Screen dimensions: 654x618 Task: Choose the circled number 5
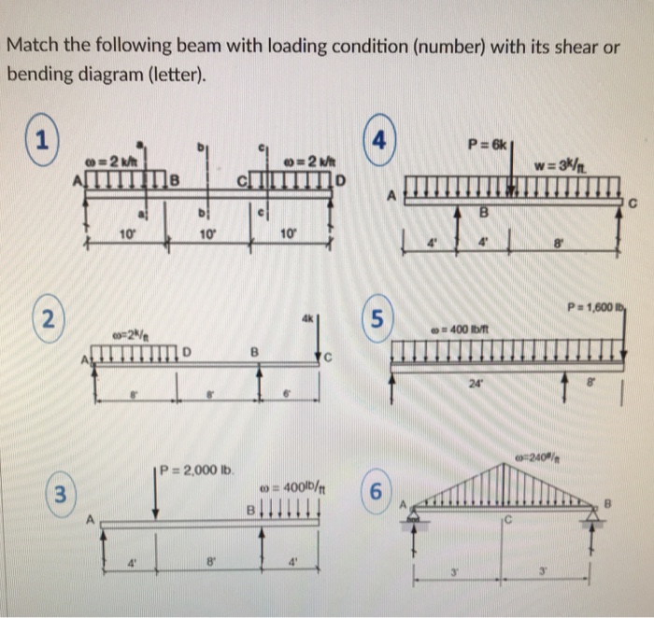point(376,318)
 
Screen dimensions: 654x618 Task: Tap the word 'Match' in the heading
point(35,46)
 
